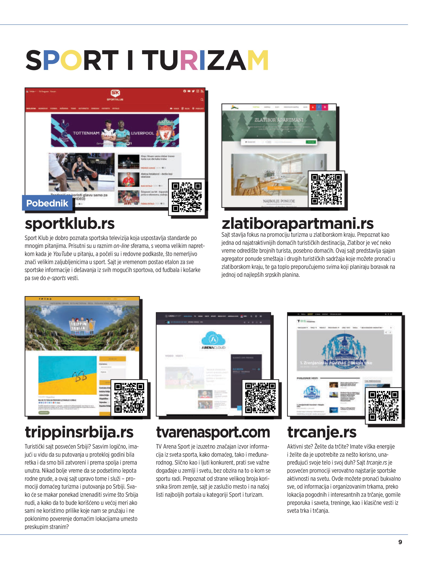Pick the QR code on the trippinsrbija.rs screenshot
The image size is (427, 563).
(x=129, y=398)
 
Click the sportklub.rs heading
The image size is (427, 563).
(x=70, y=224)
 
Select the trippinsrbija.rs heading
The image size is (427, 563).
(x=79, y=432)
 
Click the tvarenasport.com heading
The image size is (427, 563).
(x=213, y=432)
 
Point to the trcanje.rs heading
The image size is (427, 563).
(x=322, y=432)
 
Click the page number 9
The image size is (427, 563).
(x=400, y=542)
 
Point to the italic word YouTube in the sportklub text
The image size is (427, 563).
(x=62, y=254)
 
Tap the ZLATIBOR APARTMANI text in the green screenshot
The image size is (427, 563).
(x=279, y=120)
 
